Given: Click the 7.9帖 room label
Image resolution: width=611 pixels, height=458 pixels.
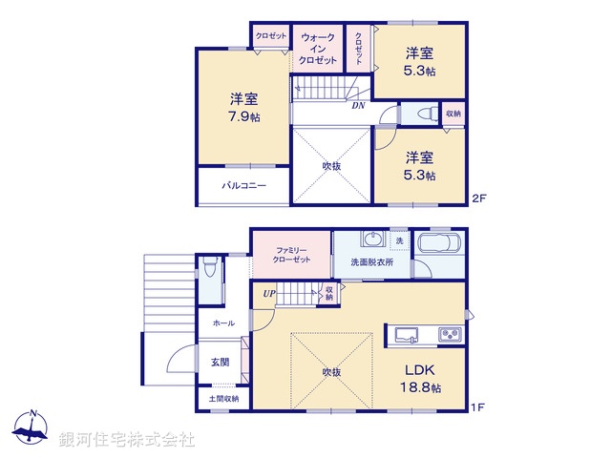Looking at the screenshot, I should point(244,108).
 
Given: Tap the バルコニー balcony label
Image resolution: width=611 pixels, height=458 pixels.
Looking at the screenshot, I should point(244,186).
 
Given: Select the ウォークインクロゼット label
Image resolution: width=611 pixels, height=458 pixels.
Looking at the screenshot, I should point(318,49).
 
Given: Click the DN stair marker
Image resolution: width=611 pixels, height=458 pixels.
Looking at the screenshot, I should point(358,106).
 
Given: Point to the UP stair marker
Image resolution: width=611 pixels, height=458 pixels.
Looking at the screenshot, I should point(270,293).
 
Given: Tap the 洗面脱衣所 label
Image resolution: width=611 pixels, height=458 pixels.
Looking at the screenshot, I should point(372,261).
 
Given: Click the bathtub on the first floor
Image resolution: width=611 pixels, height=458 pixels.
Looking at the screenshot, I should point(439,244).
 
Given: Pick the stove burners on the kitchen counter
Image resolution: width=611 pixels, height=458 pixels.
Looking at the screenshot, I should point(449,334).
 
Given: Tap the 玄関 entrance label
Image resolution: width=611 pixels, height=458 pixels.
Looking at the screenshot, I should point(220,363).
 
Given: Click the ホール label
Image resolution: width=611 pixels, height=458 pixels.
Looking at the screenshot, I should point(223,323).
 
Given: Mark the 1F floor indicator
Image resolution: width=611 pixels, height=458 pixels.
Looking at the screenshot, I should point(478,407).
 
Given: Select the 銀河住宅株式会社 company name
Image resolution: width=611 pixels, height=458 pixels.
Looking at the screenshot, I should point(127,440).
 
